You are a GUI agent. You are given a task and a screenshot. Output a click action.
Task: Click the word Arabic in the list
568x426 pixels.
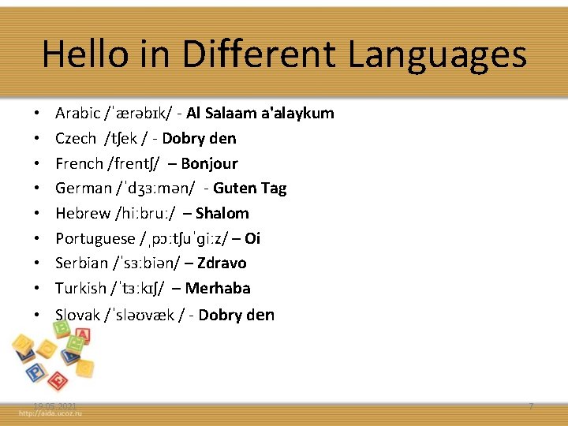78,114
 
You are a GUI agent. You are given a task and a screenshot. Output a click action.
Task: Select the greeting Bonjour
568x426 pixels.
209,164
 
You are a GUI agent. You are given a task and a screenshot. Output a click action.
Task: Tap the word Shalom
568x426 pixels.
222,214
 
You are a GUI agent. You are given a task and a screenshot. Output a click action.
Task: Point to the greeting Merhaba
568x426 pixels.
217,289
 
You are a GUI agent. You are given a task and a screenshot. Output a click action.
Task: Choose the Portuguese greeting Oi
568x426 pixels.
252,238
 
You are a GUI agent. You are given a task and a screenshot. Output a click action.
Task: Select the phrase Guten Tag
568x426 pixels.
249,189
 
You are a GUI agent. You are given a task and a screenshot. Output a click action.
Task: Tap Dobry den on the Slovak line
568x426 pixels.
236,316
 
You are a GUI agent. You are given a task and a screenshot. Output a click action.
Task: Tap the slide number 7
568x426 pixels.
531,405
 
